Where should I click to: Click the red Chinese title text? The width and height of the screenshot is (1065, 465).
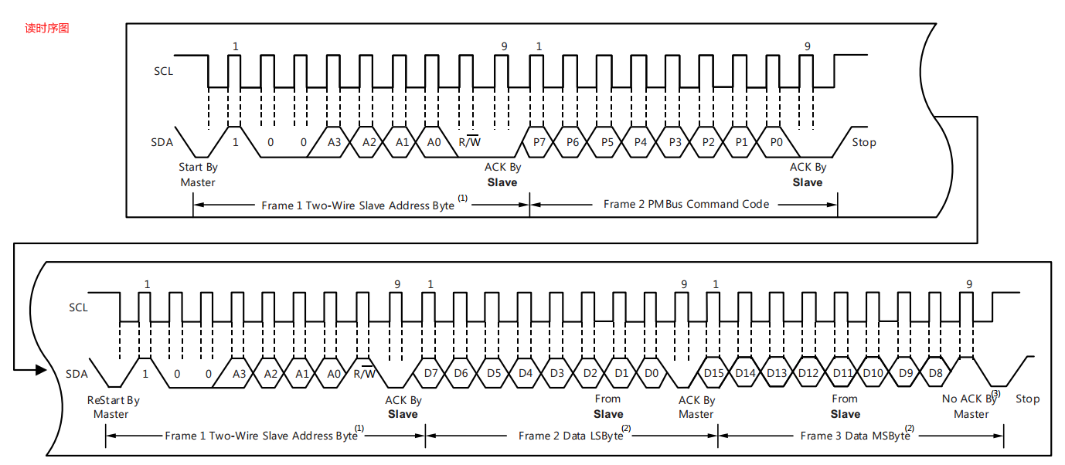47,29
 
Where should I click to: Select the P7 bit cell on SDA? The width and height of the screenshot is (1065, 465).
539,142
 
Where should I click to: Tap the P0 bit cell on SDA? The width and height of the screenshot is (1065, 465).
776,142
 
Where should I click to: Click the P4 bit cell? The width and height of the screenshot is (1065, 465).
640,142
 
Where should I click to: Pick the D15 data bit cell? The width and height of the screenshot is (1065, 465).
713,373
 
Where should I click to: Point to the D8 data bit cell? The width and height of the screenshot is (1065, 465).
935,373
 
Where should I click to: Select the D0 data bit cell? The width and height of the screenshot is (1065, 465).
652,373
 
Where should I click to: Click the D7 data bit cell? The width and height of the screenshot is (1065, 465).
430,373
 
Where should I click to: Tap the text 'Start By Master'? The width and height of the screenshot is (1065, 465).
198,175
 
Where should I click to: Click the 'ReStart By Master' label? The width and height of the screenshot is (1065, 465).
113,407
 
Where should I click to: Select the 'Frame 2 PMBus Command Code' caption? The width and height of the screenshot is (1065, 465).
686,204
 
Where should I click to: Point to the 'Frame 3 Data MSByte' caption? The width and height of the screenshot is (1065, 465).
855,436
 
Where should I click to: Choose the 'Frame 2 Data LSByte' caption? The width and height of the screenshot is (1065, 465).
570,436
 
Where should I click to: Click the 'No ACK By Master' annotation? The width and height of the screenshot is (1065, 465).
971,406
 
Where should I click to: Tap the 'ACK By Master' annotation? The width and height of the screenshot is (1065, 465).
696,407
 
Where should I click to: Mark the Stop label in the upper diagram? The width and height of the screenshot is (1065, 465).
864,142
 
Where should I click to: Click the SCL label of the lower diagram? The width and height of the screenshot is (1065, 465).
79,307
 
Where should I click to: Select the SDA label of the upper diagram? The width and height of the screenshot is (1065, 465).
162,142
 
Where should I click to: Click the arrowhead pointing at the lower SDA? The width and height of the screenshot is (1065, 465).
42,369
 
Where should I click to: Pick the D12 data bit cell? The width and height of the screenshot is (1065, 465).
808,373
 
